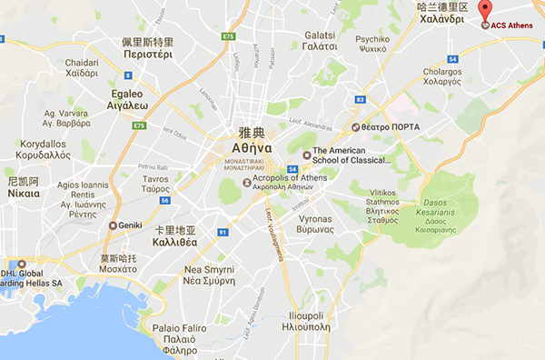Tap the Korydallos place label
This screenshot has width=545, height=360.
coord(44,150)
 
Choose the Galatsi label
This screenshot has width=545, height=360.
coord(322,40)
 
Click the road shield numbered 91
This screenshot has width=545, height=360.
coord(223,232)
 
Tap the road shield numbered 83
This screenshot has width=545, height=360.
coord(361,99)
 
